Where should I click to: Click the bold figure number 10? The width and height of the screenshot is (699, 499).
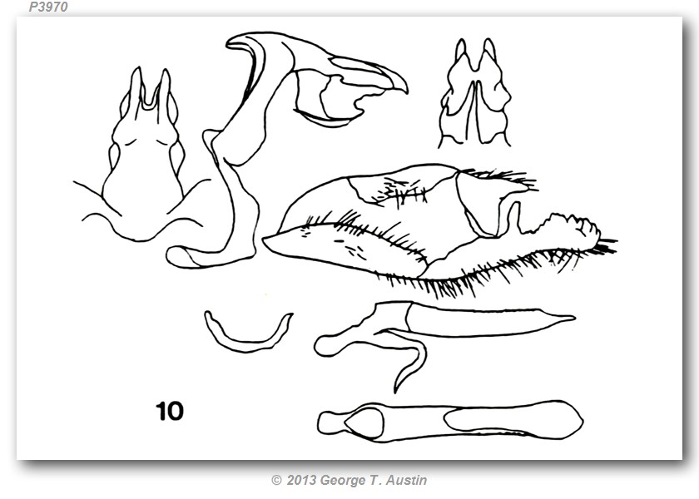[x=170, y=411]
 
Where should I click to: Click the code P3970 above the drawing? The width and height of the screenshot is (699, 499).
[x=48, y=7]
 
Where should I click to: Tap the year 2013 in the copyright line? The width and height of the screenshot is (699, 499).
[x=301, y=480]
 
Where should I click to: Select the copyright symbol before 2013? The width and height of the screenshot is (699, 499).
[x=276, y=481]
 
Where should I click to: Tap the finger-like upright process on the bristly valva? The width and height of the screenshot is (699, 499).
[x=514, y=217]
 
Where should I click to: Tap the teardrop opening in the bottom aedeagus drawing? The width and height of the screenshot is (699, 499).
[x=364, y=422]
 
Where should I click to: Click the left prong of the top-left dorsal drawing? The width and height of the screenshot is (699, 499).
[x=136, y=86]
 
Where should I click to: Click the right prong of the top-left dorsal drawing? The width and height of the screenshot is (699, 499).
[x=165, y=89]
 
